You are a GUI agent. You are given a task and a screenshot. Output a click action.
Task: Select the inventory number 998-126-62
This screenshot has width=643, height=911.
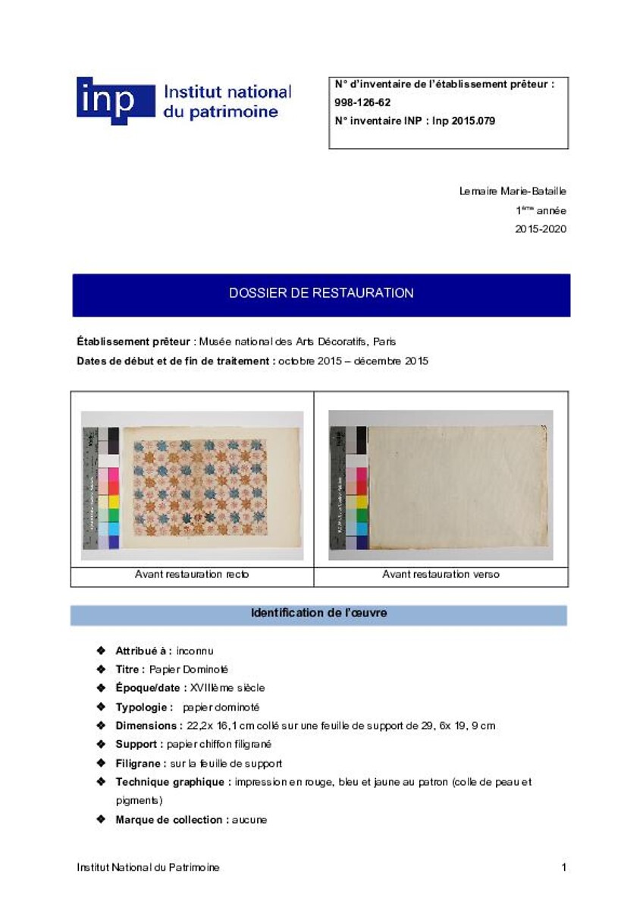tap(362, 102)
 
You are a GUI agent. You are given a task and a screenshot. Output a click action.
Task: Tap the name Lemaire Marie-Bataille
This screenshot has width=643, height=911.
tap(513, 191)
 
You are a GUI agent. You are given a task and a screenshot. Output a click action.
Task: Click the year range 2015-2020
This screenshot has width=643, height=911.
tap(541, 229)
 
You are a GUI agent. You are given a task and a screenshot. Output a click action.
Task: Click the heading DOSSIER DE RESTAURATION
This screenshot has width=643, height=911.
tap(321, 293)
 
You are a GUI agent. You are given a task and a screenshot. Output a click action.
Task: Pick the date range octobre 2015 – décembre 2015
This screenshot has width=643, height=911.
tap(353, 361)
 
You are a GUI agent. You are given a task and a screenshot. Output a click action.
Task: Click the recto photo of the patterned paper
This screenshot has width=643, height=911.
tap(193, 485)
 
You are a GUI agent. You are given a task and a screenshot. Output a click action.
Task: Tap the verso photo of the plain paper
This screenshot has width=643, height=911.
tap(441, 485)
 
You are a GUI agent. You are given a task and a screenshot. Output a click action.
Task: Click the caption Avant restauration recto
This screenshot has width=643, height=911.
tap(192, 575)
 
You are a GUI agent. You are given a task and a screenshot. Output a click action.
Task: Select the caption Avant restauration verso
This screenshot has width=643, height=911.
tap(441, 575)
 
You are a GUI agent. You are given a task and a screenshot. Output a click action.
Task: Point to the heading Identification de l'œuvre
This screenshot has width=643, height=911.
tap(318, 613)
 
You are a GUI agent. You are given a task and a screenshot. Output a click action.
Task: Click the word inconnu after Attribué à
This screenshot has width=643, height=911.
tap(195, 651)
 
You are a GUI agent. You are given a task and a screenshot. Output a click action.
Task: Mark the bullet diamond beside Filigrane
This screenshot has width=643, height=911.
tap(101, 763)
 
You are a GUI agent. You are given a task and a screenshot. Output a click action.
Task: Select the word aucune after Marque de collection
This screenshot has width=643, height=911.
tap(249, 820)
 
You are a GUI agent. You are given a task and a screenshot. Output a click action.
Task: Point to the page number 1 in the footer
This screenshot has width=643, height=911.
tap(563, 867)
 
